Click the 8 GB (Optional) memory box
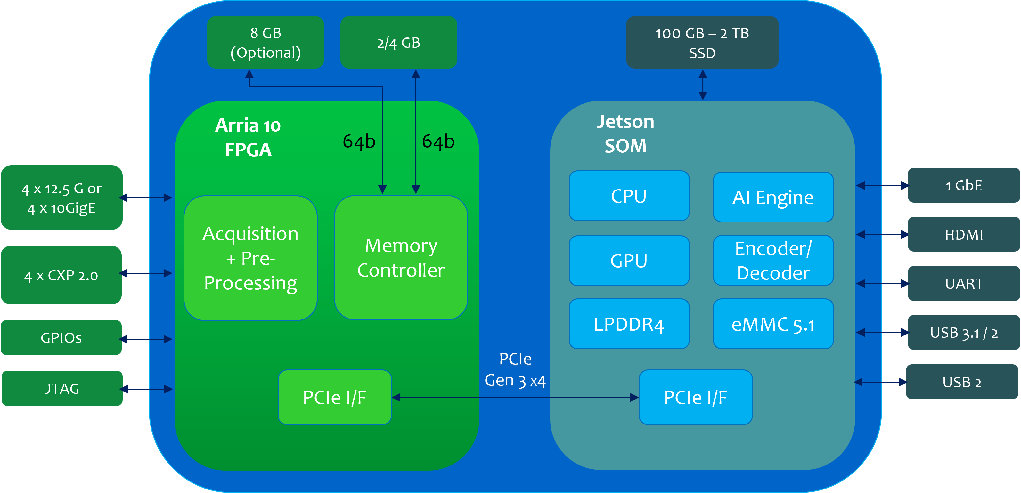click(265, 42)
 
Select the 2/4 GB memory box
click(398, 42)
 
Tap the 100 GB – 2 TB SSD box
click(702, 42)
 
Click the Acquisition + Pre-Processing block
click(250, 258)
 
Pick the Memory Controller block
click(401, 258)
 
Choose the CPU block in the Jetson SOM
click(629, 196)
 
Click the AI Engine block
click(773, 197)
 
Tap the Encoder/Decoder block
click(773, 260)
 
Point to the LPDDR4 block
click(629, 324)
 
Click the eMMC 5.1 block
click(773, 324)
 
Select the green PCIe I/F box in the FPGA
click(335, 397)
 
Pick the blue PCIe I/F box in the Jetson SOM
click(695, 397)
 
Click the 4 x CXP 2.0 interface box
click(61, 275)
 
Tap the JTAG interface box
click(62, 388)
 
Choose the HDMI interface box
click(964, 234)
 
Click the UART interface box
click(964, 283)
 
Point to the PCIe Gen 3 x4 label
click(515, 369)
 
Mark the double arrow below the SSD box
click(702, 85)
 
